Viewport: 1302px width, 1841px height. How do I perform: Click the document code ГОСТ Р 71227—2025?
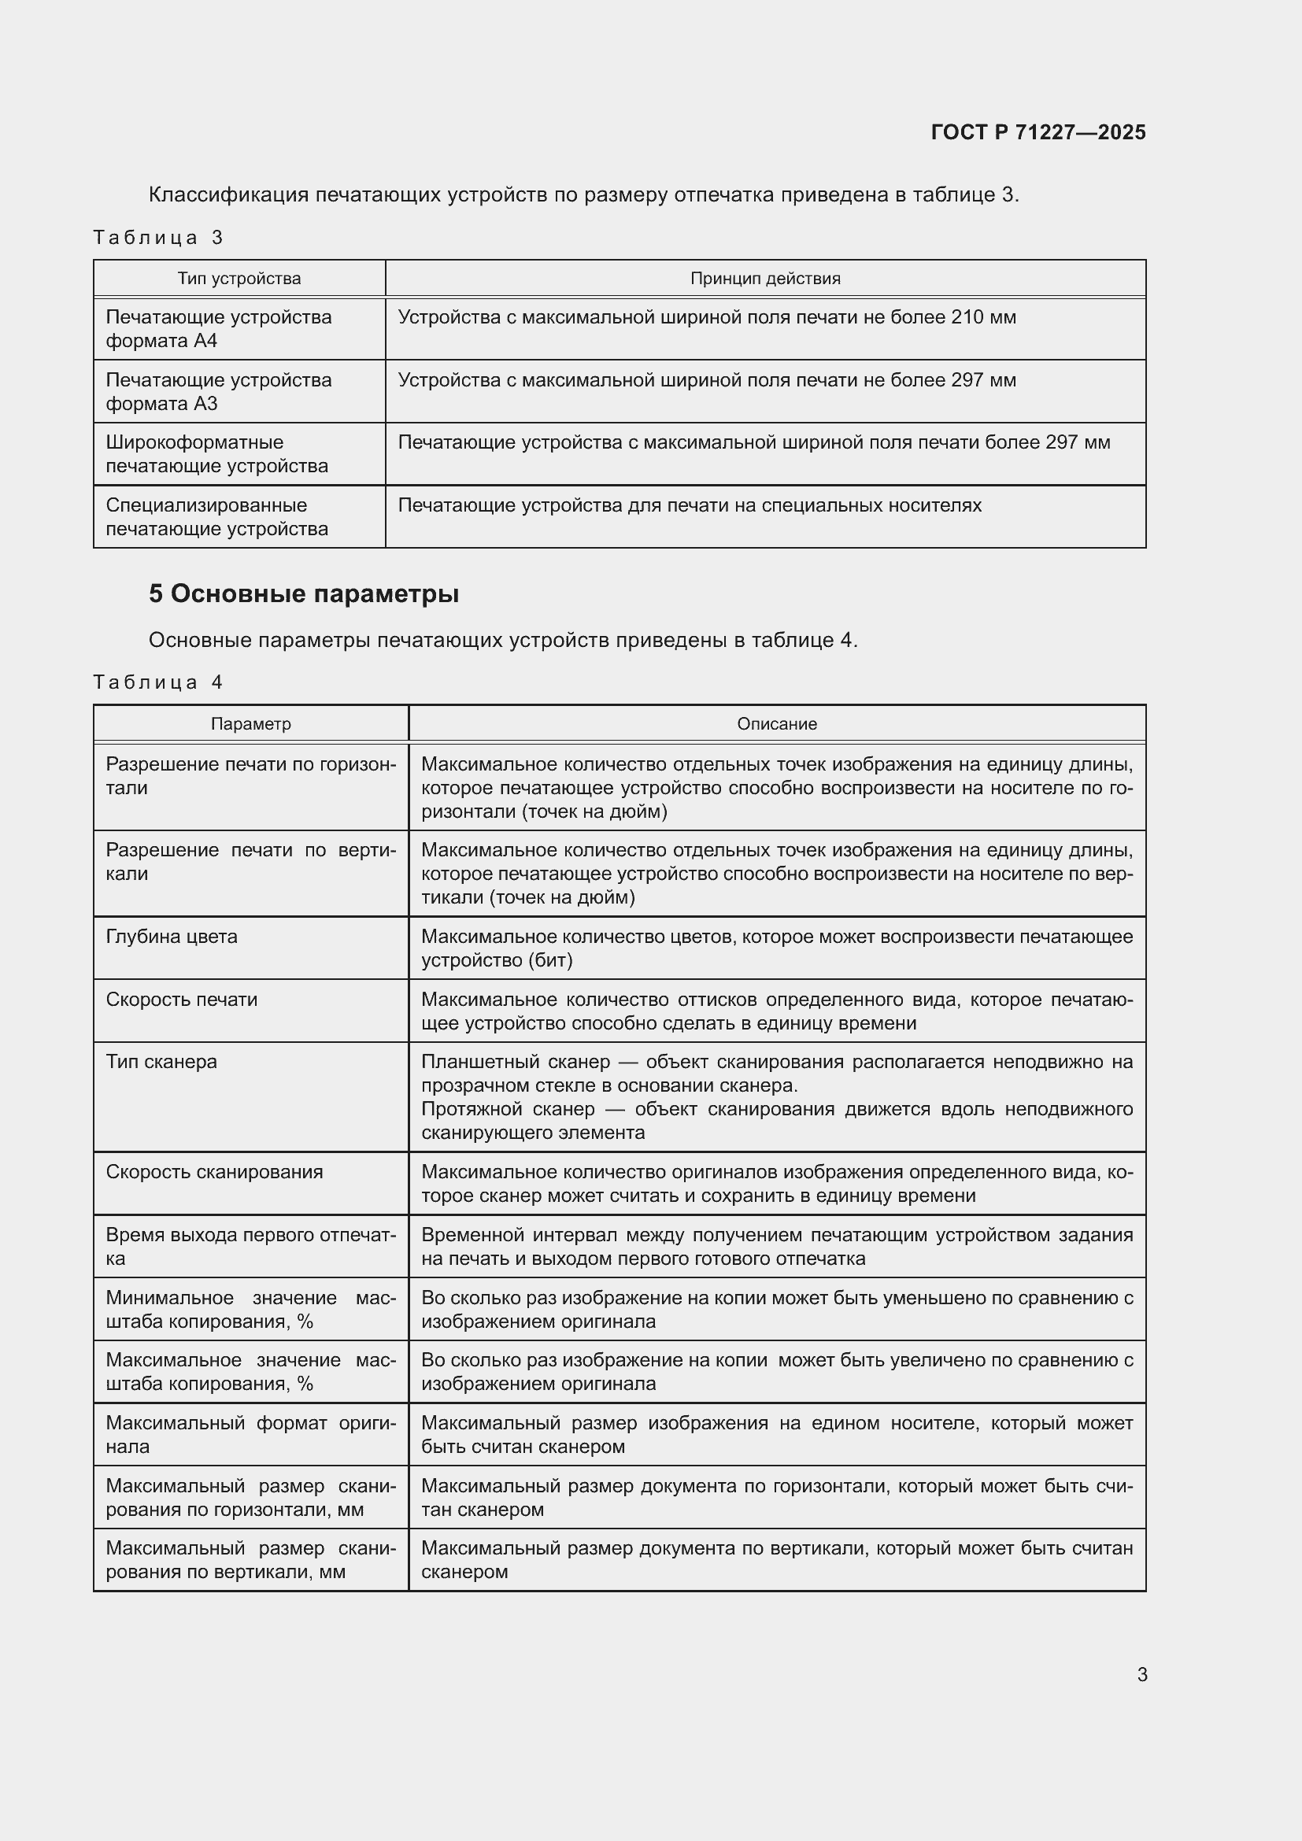click(1038, 132)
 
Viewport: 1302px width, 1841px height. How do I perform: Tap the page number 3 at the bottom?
click(1141, 1675)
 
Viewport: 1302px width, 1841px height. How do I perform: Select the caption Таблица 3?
click(158, 238)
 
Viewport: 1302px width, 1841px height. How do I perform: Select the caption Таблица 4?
click(158, 682)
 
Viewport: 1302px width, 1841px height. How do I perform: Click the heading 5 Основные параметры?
click(304, 594)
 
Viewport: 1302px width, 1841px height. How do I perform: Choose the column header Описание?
click(776, 724)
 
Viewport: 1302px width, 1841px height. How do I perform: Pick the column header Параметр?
click(251, 724)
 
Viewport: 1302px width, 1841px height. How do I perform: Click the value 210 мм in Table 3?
click(983, 317)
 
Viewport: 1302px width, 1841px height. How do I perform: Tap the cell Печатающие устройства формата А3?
click(218, 391)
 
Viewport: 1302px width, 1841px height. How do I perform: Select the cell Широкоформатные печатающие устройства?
click(216, 454)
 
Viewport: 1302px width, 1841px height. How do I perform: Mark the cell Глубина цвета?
click(172, 937)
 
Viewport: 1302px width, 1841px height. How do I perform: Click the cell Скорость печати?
click(181, 1000)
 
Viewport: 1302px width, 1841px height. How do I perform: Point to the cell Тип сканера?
click(161, 1062)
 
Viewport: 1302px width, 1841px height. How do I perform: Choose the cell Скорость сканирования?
click(214, 1172)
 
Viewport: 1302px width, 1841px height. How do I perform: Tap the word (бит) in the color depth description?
click(550, 960)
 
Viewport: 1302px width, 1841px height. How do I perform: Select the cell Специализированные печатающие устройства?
click(216, 517)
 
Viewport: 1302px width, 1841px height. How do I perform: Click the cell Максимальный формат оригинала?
click(250, 1435)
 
